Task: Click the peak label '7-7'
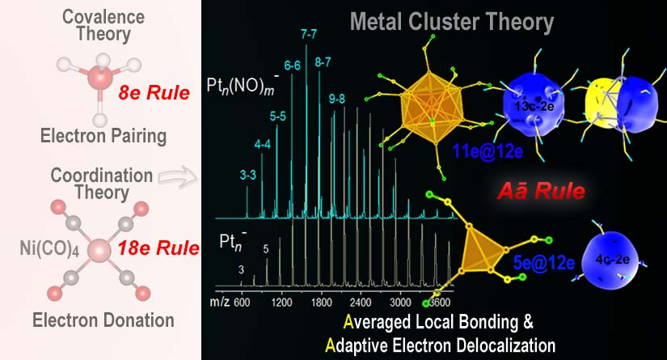pyautogui.click(x=308, y=34)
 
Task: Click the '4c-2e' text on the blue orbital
pyautogui.click(x=618, y=261)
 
